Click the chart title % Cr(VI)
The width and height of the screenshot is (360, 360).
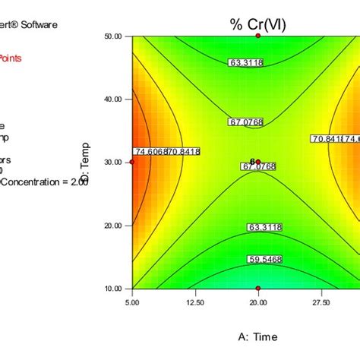[x=257, y=24]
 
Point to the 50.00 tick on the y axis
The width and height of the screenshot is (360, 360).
[x=113, y=36]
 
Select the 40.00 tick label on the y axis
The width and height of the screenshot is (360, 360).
[x=113, y=99]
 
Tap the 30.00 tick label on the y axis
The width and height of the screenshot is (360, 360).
[x=113, y=162]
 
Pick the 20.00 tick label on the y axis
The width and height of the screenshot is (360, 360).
[x=113, y=225]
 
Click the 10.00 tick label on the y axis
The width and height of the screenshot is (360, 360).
[x=113, y=288]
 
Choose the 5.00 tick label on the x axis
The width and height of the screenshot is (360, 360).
[x=132, y=302]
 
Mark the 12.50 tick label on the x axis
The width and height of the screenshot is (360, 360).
[x=195, y=302]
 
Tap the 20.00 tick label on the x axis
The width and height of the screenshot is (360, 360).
[x=258, y=302]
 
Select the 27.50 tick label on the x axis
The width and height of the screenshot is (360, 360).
[x=321, y=302]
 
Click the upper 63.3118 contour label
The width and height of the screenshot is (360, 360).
[x=245, y=63]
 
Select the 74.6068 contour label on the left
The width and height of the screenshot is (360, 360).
[x=149, y=151]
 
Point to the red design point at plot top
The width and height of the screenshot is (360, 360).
[x=258, y=36]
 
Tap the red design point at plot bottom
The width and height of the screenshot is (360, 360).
[x=258, y=289]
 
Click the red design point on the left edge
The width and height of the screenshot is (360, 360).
[x=132, y=162]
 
